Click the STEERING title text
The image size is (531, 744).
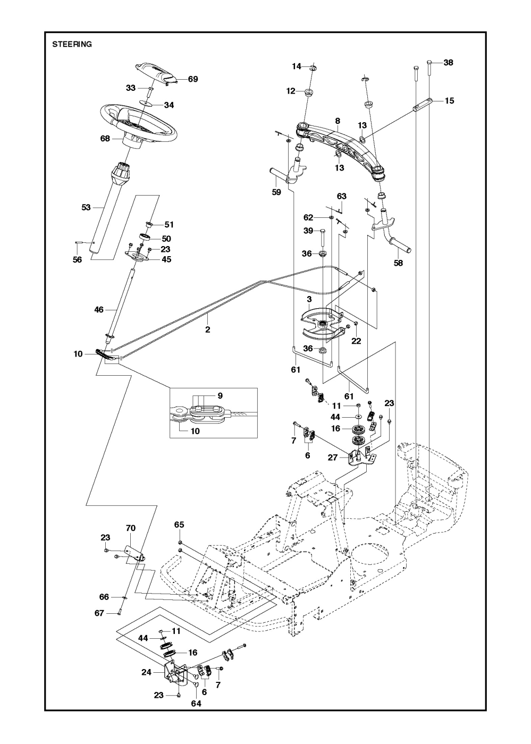[x=72, y=45]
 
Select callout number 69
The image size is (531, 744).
[x=192, y=79]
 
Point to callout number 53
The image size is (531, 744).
[x=86, y=207]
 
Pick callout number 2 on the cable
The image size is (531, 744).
[x=207, y=330]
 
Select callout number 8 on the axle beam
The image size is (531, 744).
[x=338, y=121]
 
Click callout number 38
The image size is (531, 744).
[x=448, y=63]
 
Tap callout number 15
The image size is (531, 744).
[x=450, y=100]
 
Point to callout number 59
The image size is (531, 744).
[x=276, y=192]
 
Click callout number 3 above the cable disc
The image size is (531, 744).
[x=309, y=299]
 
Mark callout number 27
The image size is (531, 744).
[x=333, y=457]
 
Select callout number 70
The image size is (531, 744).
[x=131, y=528]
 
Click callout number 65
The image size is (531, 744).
[x=179, y=525]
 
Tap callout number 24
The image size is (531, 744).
[x=147, y=672]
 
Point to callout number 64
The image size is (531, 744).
[x=197, y=703]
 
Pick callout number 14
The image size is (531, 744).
[x=297, y=66]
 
